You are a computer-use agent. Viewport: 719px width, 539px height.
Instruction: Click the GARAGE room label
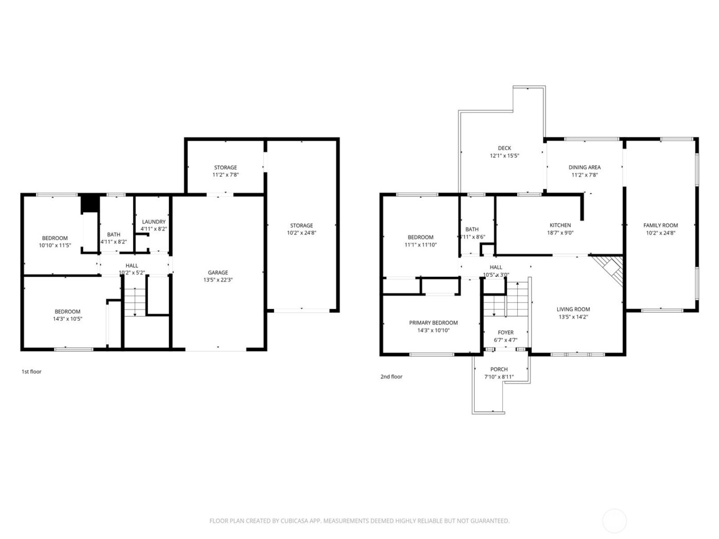(x=218, y=273)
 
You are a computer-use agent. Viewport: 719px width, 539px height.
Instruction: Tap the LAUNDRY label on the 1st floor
(x=154, y=222)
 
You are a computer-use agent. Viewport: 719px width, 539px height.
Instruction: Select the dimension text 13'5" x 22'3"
(x=218, y=280)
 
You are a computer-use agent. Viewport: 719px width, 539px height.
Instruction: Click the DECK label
(x=504, y=148)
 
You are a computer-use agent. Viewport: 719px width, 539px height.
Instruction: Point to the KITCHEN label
(x=560, y=225)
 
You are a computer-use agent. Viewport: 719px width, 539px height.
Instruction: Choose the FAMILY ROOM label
(x=660, y=225)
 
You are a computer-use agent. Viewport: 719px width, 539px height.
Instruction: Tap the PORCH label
(x=499, y=370)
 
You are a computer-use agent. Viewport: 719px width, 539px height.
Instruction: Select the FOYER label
(x=505, y=333)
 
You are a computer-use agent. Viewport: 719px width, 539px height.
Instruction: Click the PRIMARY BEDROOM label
(x=433, y=323)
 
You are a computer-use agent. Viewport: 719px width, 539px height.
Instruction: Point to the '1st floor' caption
(x=31, y=372)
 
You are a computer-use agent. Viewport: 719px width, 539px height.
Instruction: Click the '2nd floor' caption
(x=391, y=377)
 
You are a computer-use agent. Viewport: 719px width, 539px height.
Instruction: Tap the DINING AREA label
(x=584, y=167)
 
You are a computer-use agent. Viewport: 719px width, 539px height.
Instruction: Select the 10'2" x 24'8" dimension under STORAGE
(x=301, y=233)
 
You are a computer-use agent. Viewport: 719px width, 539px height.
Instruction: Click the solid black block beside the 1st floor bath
(x=90, y=203)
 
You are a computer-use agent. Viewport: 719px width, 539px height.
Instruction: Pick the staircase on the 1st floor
(x=135, y=302)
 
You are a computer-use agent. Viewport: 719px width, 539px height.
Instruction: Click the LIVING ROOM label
(x=573, y=310)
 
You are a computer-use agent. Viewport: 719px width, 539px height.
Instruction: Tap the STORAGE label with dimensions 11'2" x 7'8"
(x=225, y=167)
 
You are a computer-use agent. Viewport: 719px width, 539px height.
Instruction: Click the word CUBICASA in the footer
(x=293, y=521)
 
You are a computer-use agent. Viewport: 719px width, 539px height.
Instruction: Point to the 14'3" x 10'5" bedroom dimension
(x=68, y=319)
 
